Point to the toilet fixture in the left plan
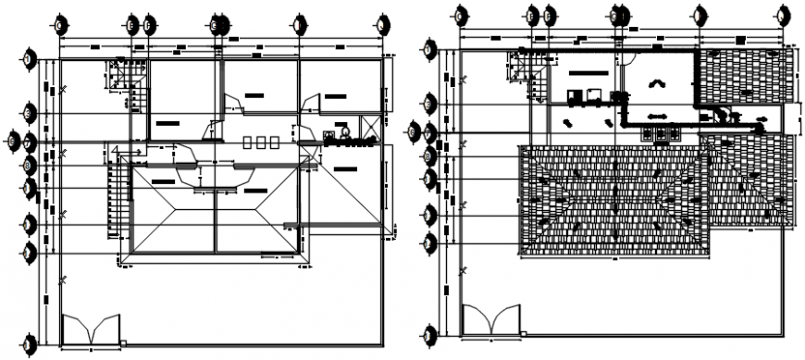coord(344,133)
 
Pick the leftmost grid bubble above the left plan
coord(59,24)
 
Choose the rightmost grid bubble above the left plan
coord(382,24)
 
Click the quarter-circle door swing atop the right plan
coord(627,56)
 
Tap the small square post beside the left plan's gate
coord(123,343)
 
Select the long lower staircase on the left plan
coord(118,194)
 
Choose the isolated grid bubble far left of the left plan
coord(10,140)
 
